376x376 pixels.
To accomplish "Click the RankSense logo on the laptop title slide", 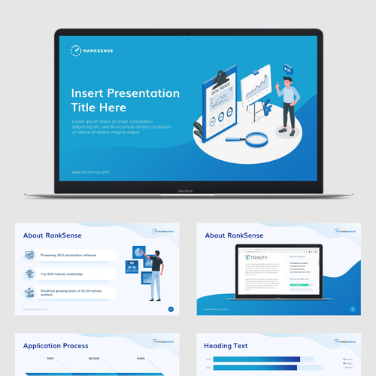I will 89,50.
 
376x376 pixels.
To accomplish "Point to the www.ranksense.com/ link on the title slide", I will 90,171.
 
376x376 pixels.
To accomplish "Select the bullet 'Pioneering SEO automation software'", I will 74,255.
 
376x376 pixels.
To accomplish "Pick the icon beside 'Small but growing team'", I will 29,293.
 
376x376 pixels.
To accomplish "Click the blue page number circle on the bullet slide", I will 171,309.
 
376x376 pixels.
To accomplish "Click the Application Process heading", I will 56,346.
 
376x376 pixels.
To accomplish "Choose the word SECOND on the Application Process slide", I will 93,359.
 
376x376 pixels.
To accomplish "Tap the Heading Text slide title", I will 228,346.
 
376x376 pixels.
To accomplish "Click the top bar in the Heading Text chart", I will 256,359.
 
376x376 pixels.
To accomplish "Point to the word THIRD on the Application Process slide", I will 141,359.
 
